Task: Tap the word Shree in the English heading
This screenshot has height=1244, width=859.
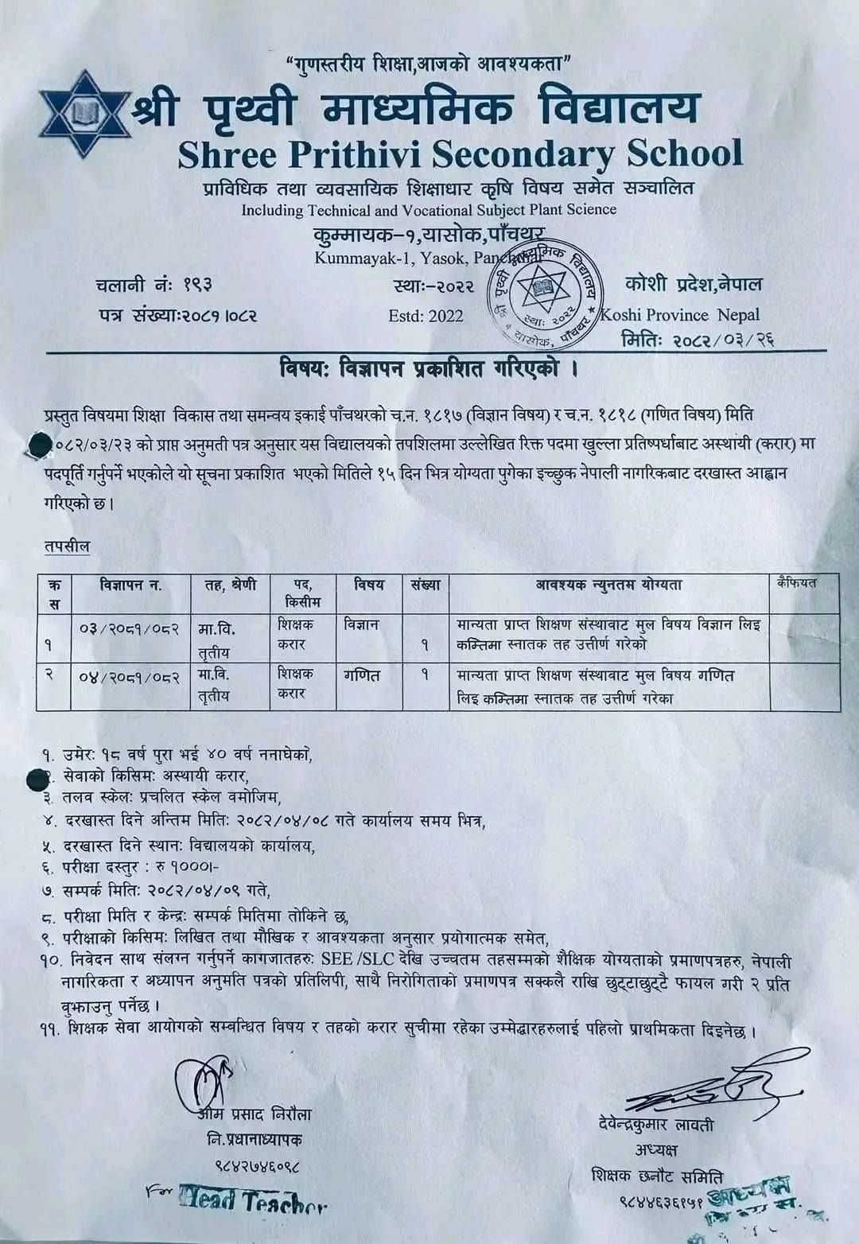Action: click(x=227, y=154)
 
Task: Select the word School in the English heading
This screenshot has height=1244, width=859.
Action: click(x=684, y=153)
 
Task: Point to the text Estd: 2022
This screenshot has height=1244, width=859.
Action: click(x=426, y=316)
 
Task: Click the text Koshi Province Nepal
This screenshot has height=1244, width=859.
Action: click(x=680, y=315)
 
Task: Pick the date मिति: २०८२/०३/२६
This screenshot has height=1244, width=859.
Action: click(x=698, y=340)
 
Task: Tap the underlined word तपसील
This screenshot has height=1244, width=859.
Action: click(x=68, y=546)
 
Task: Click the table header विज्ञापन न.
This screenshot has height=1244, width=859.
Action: click(x=130, y=585)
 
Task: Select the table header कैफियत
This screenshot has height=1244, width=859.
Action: click(x=797, y=583)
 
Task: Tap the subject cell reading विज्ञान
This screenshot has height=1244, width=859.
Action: click(x=362, y=625)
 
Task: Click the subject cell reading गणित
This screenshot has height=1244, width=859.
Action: click(x=362, y=676)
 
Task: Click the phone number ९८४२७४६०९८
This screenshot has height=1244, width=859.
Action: click(x=256, y=1167)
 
